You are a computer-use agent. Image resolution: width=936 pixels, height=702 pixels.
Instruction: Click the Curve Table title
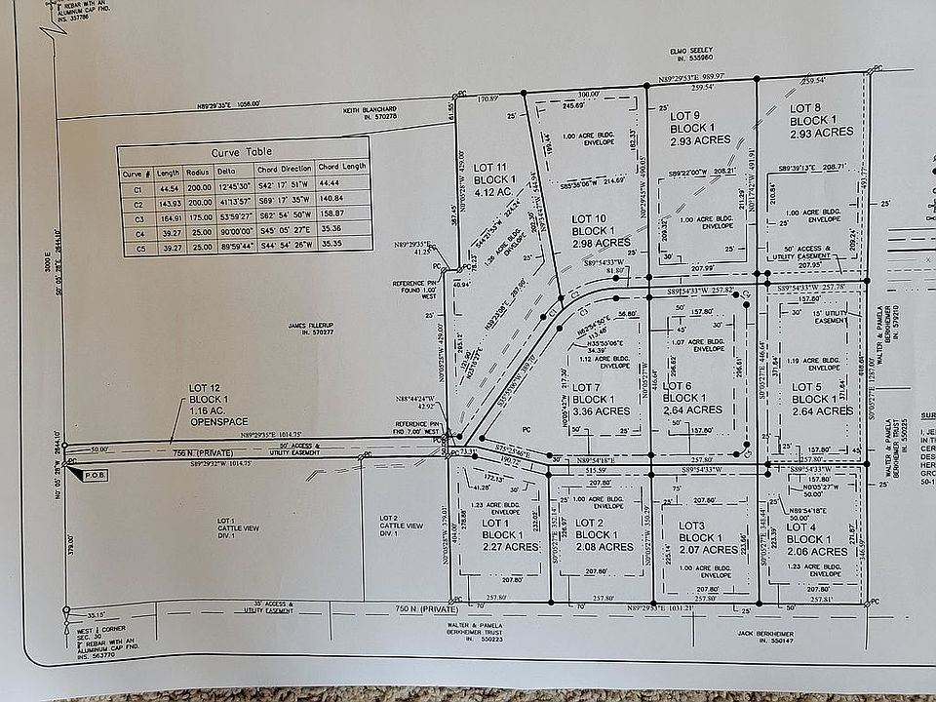[x=244, y=152]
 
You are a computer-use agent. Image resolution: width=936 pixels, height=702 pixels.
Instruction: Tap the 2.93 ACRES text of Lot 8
[x=822, y=132]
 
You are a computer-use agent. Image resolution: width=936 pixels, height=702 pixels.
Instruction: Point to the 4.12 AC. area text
[x=494, y=193]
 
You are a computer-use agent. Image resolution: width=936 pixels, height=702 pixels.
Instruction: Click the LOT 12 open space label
[x=210, y=389]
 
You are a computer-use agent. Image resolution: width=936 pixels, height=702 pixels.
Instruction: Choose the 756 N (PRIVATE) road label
[x=194, y=452]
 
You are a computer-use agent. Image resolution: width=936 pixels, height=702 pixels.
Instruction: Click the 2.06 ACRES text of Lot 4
[x=816, y=552]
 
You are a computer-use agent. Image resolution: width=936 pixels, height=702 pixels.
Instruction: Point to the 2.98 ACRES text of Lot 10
[x=602, y=243]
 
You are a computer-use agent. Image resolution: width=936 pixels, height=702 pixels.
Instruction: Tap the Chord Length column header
[x=342, y=167]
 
